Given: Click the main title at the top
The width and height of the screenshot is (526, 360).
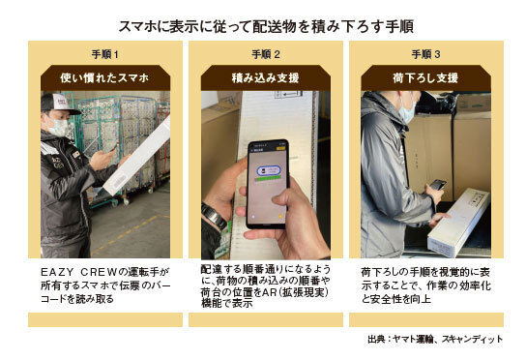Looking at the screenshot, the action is [x=266, y=26].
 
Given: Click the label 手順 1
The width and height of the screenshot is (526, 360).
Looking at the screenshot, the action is [x=105, y=54].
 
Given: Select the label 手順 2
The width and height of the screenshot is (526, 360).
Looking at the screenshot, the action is [x=266, y=54].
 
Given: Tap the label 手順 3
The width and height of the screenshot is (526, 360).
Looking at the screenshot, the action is [x=425, y=54].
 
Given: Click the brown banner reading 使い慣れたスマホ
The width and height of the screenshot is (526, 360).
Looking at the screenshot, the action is [x=105, y=78].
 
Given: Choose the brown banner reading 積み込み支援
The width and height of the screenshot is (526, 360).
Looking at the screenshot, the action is [x=266, y=78].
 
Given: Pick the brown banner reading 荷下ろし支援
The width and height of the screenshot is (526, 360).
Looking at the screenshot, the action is [x=425, y=78].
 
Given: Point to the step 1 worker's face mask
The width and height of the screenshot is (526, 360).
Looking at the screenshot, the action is [x=58, y=128].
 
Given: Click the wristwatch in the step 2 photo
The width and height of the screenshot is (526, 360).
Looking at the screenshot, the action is [x=214, y=216].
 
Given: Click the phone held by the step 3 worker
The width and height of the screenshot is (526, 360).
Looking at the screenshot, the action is [x=438, y=185].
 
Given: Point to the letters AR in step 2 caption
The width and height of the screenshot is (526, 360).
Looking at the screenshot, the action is [x=269, y=292].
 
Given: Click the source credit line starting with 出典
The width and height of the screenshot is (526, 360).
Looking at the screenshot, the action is [x=435, y=339].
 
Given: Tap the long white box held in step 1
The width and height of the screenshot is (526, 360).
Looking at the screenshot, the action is [x=137, y=156].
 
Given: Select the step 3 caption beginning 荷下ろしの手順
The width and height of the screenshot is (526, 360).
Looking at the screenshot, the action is [x=426, y=285].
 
